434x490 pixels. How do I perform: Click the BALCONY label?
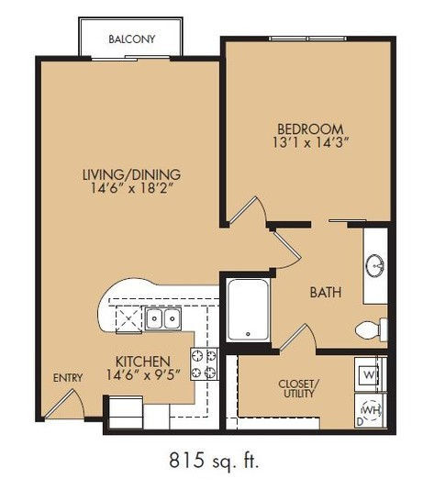(x=132, y=39)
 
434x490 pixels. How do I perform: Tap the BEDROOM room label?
(x=310, y=129)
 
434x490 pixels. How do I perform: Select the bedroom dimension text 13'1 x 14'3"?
(x=310, y=143)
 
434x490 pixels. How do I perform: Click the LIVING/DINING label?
(x=131, y=174)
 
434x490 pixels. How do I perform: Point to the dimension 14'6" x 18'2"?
(x=131, y=188)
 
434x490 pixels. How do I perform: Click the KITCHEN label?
(x=143, y=362)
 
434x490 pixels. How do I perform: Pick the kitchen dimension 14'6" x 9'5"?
(x=143, y=374)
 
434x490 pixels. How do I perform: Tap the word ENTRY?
(x=68, y=378)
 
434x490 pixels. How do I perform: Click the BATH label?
(x=326, y=293)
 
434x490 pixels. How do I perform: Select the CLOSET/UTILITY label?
(x=299, y=388)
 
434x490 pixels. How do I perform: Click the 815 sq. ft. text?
(x=214, y=461)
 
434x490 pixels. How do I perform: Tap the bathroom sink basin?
(x=375, y=265)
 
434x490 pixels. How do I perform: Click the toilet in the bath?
(x=372, y=330)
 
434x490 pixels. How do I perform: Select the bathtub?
(x=248, y=309)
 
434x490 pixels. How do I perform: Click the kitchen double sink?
(x=163, y=318)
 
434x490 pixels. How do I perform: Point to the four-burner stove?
(x=204, y=364)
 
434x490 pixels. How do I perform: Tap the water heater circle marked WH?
(x=372, y=409)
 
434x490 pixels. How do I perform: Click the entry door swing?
(x=65, y=404)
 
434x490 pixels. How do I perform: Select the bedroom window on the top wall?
(x=307, y=39)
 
